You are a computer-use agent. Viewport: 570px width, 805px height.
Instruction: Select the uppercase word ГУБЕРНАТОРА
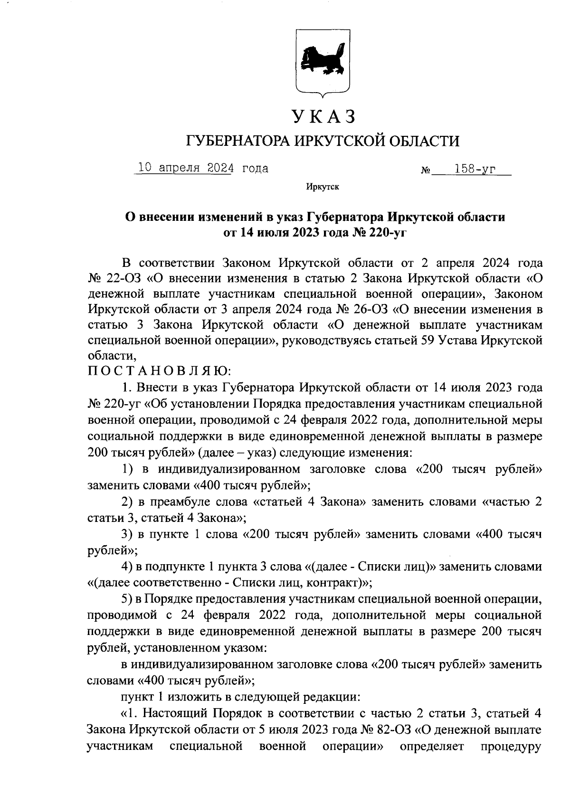pyautogui.click(x=237, y=141)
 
